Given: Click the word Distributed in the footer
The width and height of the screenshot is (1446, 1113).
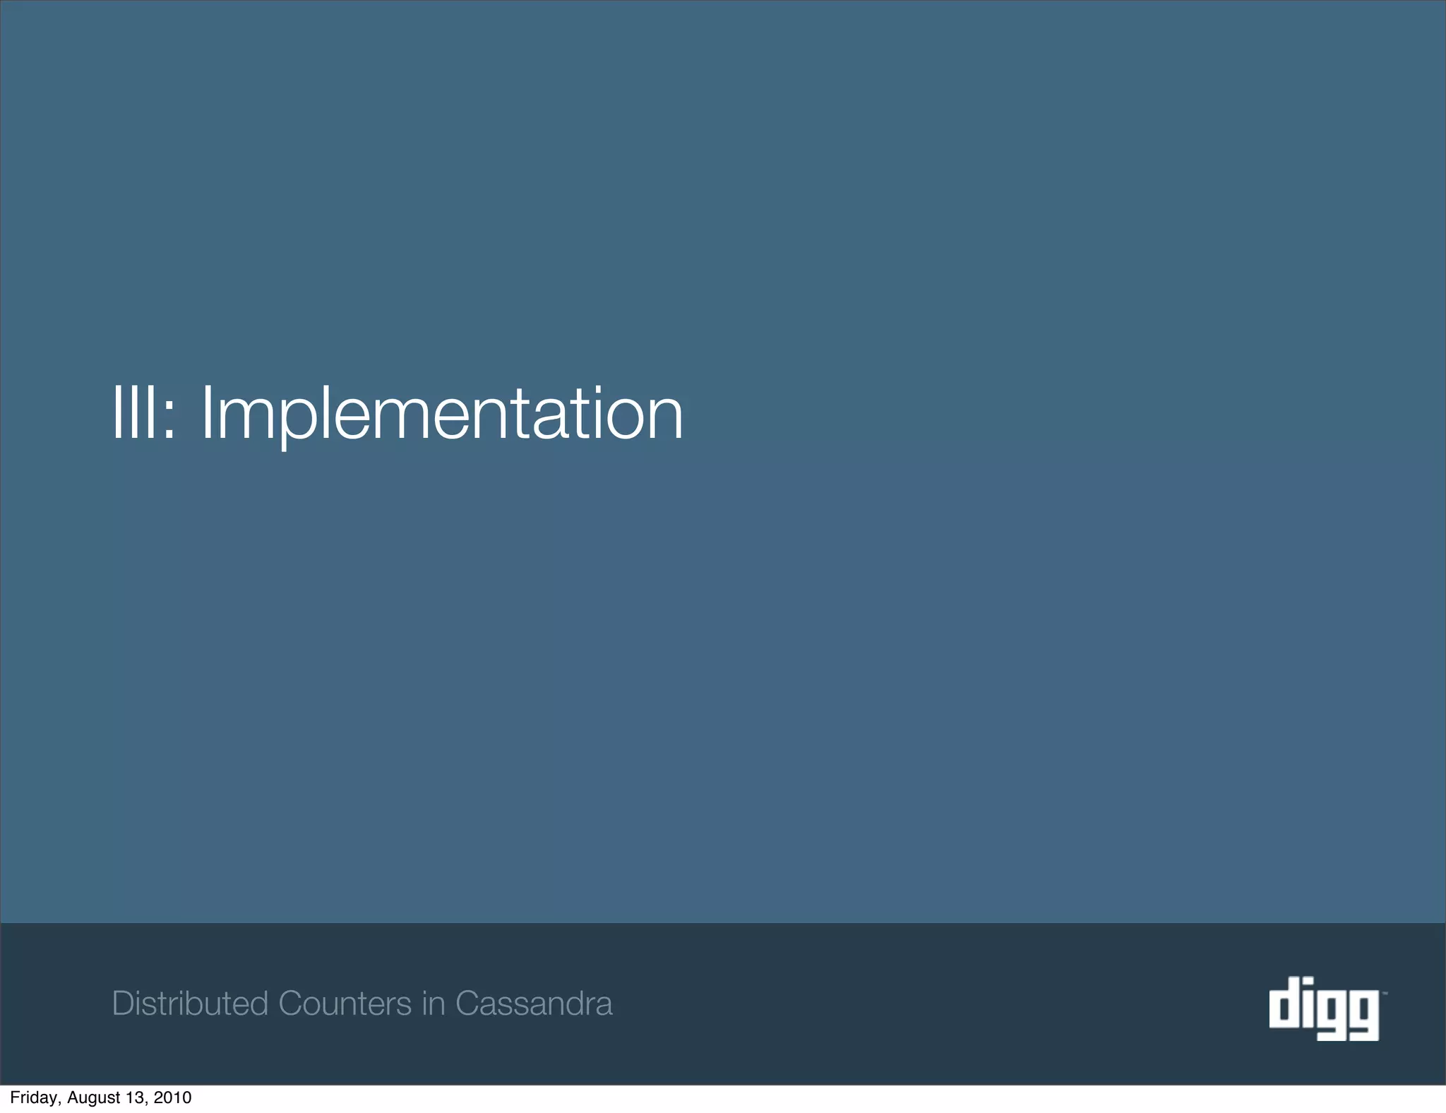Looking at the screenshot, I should click(x=190, y=1004).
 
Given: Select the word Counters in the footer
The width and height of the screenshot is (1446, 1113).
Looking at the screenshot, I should click(x=345, y=1004).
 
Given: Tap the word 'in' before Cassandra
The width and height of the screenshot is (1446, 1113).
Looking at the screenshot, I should click(x=434, y=1004).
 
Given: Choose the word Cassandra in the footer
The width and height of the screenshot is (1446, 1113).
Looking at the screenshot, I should click(x=534, y=1004).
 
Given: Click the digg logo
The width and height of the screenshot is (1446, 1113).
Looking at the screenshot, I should click(x=1324, y=1008).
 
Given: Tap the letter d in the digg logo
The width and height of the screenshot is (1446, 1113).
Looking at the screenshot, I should click(x=1282, y=1003).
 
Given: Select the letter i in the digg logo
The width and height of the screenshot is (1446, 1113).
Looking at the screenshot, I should click(x=1305, y=1003).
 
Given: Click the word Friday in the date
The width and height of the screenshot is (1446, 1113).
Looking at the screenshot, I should click(x=34, y=1097).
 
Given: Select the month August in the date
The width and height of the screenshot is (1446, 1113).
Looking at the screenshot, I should click(x=93, y=1097).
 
